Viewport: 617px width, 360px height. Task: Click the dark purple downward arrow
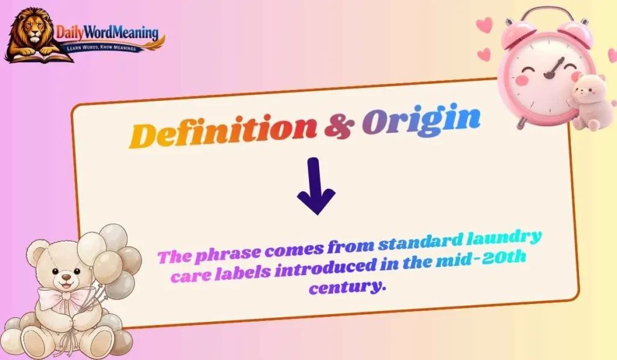pyautogui.click(x=316, y=187)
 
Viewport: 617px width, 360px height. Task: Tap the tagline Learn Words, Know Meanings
pyautogui.click(x=108, y=46)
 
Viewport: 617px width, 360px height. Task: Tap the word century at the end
pyautogui.click(x=346, y=286)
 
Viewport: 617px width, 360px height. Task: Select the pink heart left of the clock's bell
pyautogui.click(x=483, y=25)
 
